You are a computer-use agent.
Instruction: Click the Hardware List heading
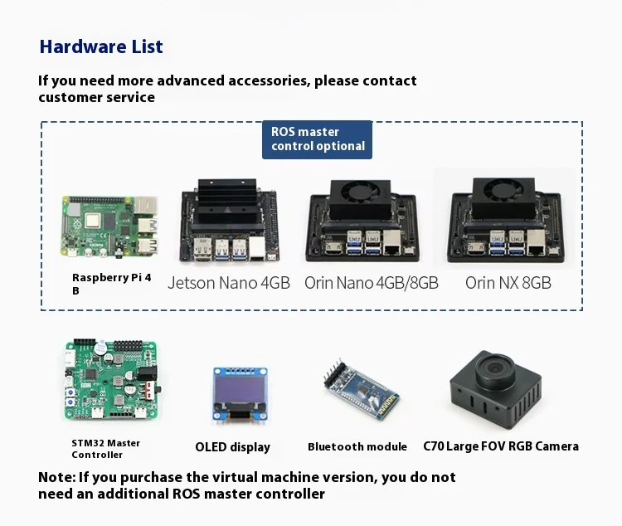[x=101, y=46]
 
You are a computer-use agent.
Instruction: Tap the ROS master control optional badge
[x=318, y=139]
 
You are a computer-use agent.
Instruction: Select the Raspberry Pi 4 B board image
[x=110, y=226]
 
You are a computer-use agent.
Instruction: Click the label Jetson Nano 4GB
[x=229, y=283]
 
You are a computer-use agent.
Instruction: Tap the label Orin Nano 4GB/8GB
[x=371, y=283]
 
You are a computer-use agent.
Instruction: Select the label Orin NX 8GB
[x=508, y=283]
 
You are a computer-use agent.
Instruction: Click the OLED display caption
[x=232, y=447]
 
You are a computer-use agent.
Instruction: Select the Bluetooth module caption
[x=357, y=447]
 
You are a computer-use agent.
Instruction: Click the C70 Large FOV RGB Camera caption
[x=501, y=446]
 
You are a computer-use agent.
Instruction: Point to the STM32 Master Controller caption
[x=105, y=449]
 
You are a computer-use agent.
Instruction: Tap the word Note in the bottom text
[x=56, y=478]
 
